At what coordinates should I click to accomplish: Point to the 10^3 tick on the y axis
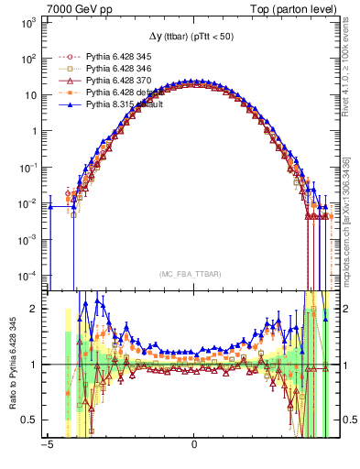[x=28, y=22]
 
